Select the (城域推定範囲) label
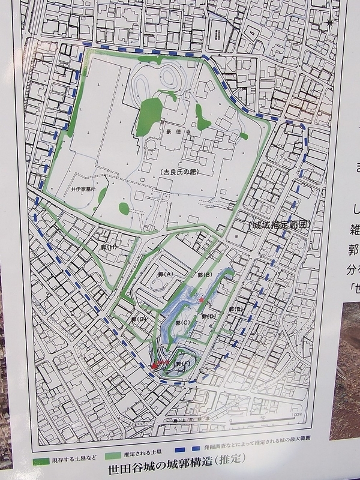[278, 225]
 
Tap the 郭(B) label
[205, 275]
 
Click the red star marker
[201, 300]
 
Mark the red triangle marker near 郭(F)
[157, 363]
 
